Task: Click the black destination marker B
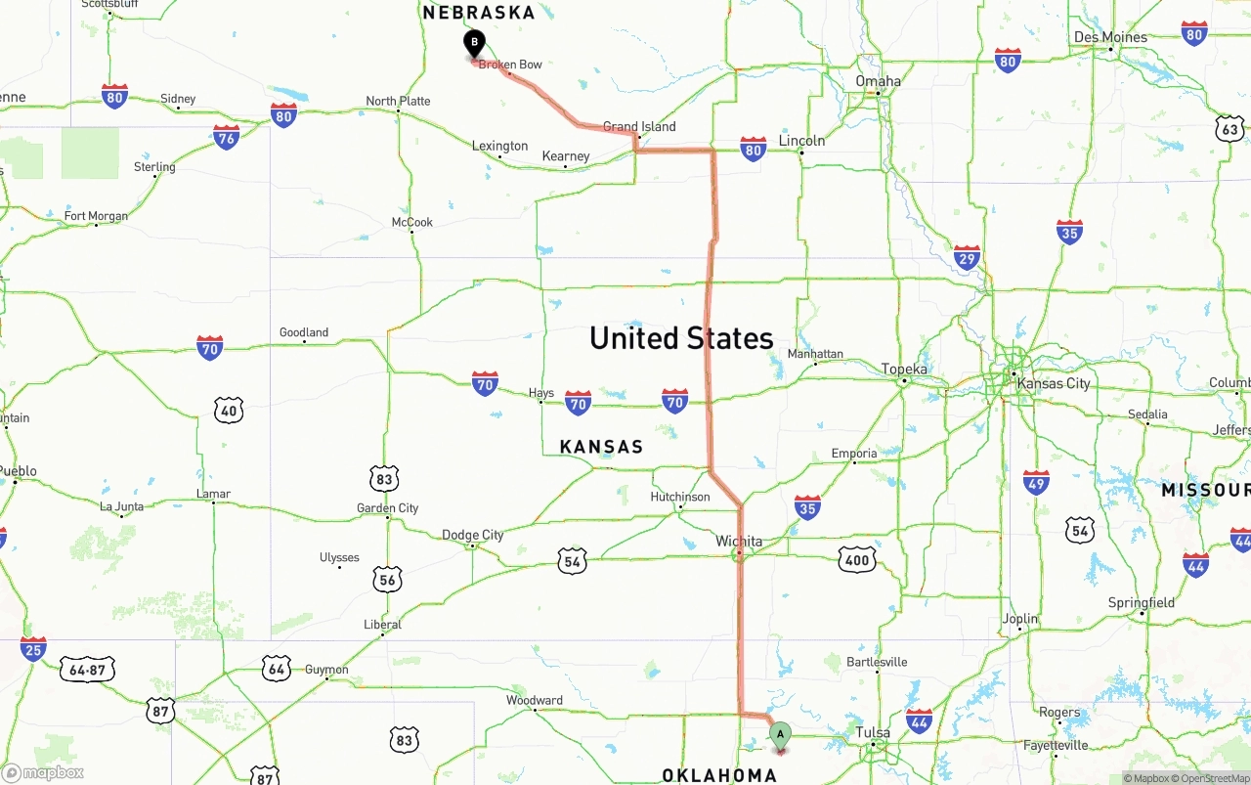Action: coord(474,44)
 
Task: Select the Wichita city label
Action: coord(739,542)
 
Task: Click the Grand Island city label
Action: coord(639,127)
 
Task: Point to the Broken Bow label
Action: coord(510,65)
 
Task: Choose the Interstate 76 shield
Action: coord(227,137)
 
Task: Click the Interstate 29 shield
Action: coord(967,258)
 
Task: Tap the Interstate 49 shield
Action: coord(1036,482)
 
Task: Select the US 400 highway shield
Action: coord(857,559)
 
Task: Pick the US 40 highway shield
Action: coord(229,410)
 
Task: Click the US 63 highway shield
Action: coord(1229,129)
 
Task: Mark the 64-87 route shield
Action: coord(88,670)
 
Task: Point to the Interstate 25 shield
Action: coord(33,649)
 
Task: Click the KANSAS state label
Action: coord(601,447)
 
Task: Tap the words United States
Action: coord(681,338)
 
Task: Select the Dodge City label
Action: coord(473,535)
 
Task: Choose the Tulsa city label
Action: coord(873,732)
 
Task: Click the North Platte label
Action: coord(398,101)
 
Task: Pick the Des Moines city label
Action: coord(1110,37)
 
